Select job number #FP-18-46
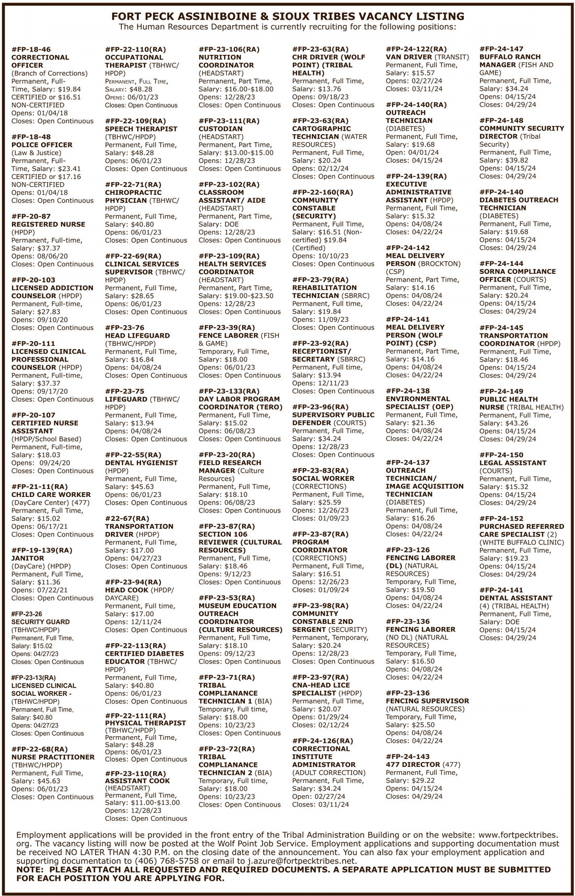(x=31, y=49)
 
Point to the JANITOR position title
(x=28, y=558)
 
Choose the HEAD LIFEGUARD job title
(x=137, y=335)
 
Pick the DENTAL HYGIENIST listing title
(x=141, y=463)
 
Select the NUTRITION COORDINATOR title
(x=226, y=61)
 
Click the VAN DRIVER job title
(x=409, y=57)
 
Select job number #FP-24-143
(x=408, y=757)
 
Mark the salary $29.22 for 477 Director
(x=423, y=781)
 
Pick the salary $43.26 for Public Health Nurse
(x=517, y=423)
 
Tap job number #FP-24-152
(x=501, y=518)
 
